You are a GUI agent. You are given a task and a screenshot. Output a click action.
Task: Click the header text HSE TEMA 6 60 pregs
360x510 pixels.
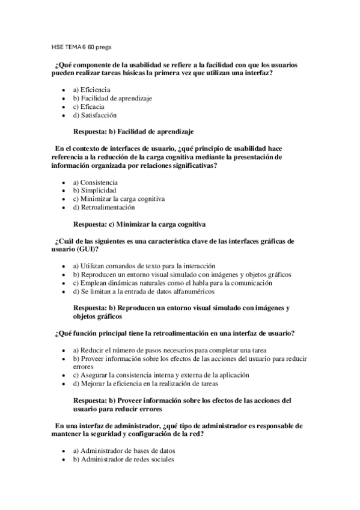(x=81, y=46)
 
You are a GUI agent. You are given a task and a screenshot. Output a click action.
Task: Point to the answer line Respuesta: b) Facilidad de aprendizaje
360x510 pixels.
(x=133, y=131)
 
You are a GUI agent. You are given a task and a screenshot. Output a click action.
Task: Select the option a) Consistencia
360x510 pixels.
(x=95, y=182)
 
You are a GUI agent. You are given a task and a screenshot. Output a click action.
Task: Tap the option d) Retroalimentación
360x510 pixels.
(x=103, y=207)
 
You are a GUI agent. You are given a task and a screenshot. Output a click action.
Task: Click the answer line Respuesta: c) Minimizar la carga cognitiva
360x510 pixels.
(x=139, y=224)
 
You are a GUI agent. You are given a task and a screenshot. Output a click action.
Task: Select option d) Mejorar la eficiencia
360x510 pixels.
(x=145, y=383)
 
